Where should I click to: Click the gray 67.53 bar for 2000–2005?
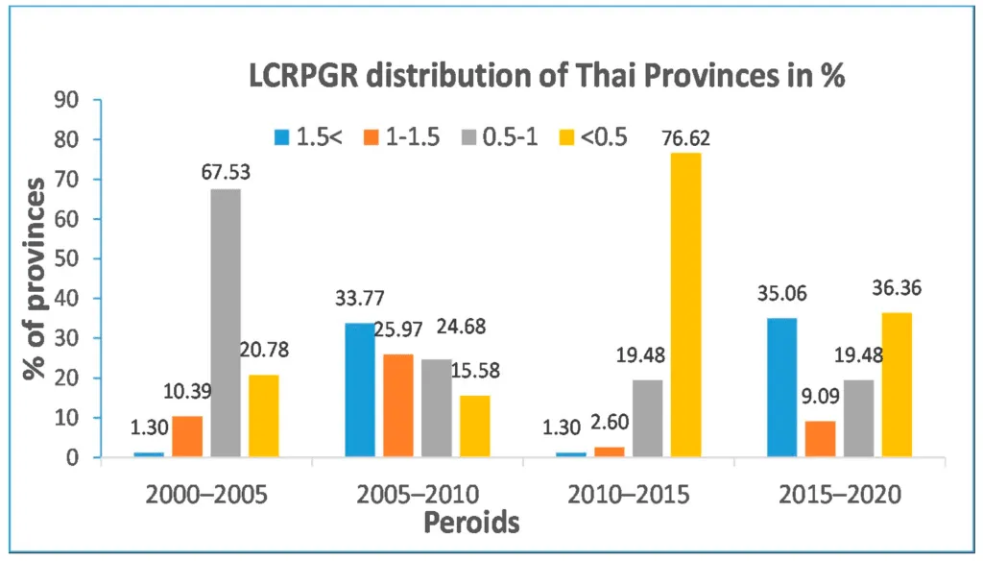point(226,323)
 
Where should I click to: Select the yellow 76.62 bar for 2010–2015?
point(686,305)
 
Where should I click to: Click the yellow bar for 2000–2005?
point(264,416)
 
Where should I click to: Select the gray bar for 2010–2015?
point(648,418)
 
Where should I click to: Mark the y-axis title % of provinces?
point(36,279)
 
